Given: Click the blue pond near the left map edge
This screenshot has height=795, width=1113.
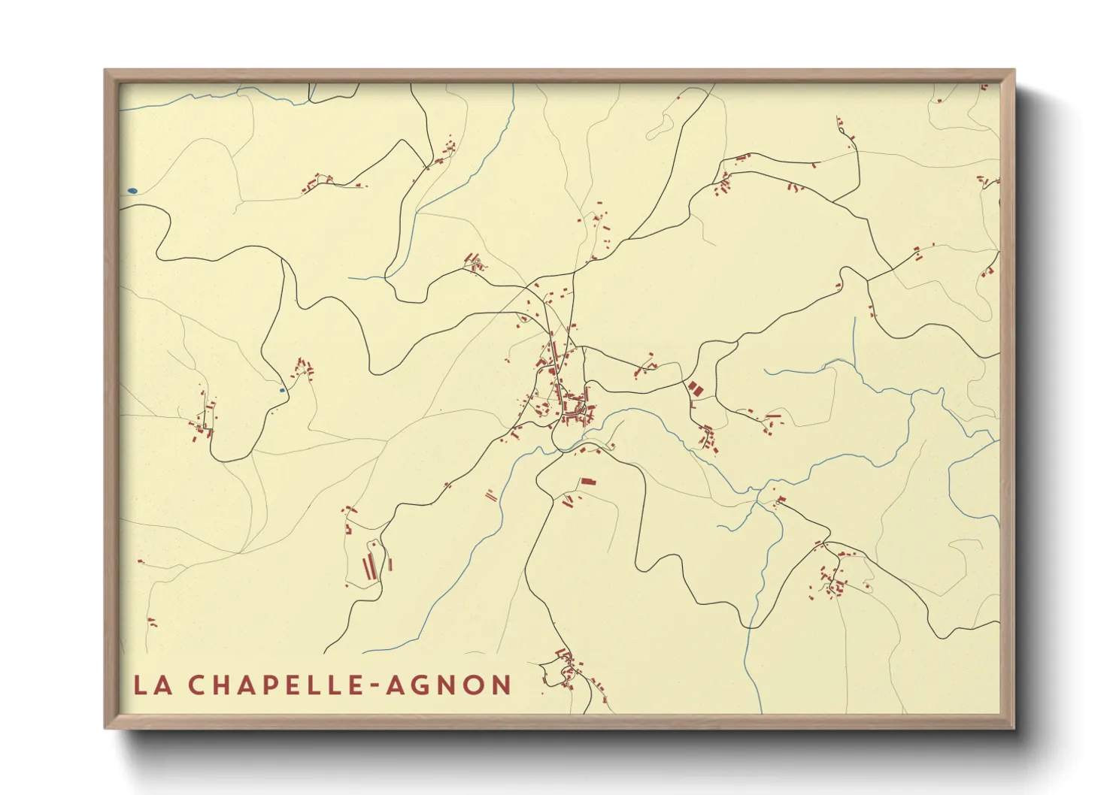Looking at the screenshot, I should click(132, 191).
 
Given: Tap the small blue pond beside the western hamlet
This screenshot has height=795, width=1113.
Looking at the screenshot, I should click(282, 390).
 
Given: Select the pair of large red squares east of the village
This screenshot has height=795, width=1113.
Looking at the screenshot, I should click(693, 388).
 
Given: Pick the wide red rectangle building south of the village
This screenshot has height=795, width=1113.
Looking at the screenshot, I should click(587, 481).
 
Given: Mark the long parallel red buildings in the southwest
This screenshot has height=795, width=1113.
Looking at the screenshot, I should click(369, 567).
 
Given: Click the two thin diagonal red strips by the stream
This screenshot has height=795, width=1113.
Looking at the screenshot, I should click(491, 495).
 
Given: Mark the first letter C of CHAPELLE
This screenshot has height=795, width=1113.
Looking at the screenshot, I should click(196, 685).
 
